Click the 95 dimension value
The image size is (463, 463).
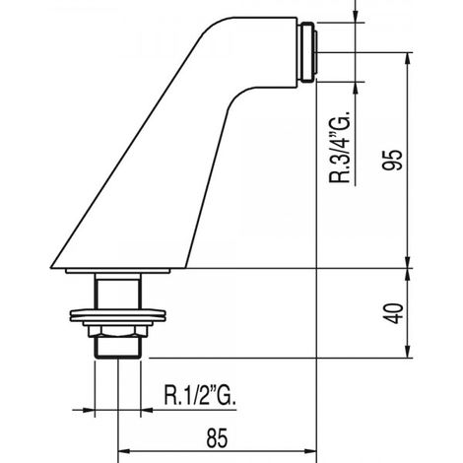[392, 160]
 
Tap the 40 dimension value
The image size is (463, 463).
[394, 313]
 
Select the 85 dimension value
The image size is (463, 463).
[217, 438]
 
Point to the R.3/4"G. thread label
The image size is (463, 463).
[340, 147]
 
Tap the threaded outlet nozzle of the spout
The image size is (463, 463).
[309, 52]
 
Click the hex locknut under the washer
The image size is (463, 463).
[117, 331]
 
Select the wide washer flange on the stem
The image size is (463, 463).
[118, 315]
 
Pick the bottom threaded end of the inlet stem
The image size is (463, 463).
[117, 348]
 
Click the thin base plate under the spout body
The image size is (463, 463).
[118, 271]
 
